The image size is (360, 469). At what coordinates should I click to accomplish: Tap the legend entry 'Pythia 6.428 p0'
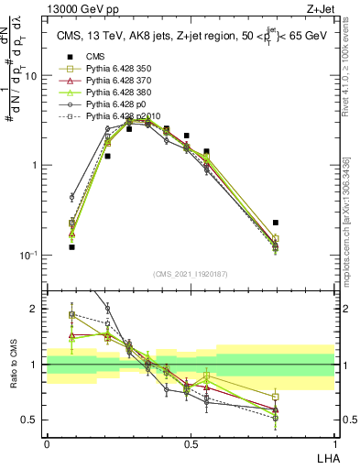pyautogui.click(x=109, y=105)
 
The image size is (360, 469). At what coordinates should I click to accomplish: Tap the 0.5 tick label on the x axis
pyautogui.click(x=191, y=443)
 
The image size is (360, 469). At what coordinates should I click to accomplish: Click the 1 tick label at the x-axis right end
pyautogui.click(x=333, y=443)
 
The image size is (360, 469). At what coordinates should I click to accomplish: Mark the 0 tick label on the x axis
pyautogui.click(x=47, y=443)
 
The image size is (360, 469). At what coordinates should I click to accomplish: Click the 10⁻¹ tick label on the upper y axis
pyautogui.click(x=29, y=255)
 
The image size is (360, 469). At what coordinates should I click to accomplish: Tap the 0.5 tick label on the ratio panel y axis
pyautogui.click(x=31, y=420)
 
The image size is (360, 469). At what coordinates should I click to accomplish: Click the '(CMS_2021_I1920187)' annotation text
pyautogui.click(x=191, y=275)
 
